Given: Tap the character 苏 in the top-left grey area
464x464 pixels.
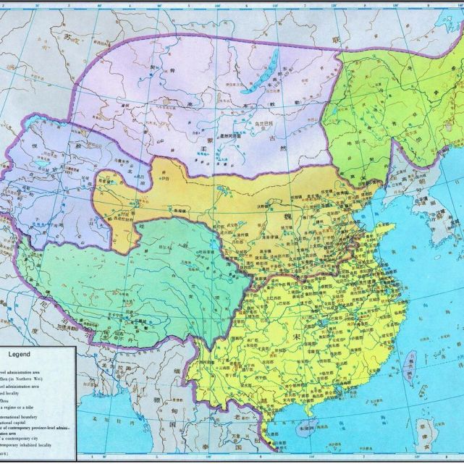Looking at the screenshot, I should (x=68, y=34).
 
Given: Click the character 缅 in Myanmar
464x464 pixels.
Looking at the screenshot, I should (x=177, y=388).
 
